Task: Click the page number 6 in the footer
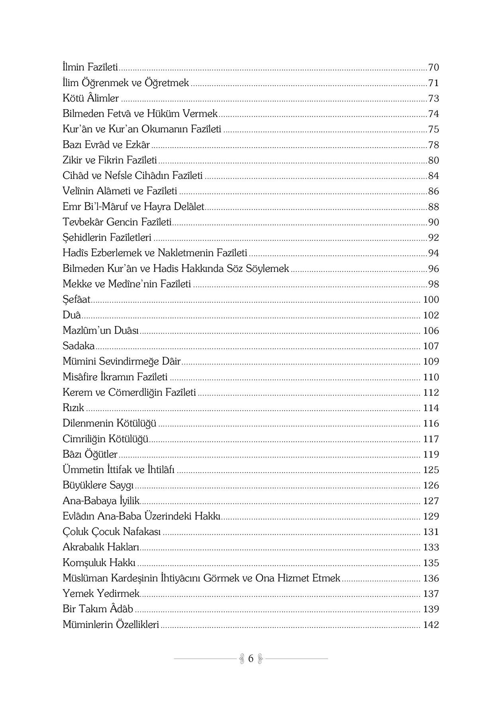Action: pyautogui.click(x=251, y=658)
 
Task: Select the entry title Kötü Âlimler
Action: pyautogui.click(x=91, y=98)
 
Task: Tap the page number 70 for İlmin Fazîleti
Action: pyautogui.click(x=433, y=67)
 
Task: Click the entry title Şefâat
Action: pyautogui.click(x=76, y=299)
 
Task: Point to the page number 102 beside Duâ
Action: pyautogui.click(x=431, y=315)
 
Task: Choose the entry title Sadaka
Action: pyautogui.click(x=78, y=346)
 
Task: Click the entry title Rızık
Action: pyautogui.click(x=73, y=408)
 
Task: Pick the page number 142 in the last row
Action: pyautogui.click(x=431, y=625)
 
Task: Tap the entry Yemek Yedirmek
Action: pyautogui.click(x=101, y=594)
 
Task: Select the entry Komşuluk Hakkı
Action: pyautogui.click(x=99, y=563)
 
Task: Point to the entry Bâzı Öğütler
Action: pyautogui.click(x=90, y=454)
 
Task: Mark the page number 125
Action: pyautogui.click(x=431, y=470)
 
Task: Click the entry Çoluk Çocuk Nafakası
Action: pyautogui.click(x=112, y=531)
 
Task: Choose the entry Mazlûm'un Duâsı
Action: pyautogui.click(x=101, y=331)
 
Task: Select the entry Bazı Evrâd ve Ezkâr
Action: pyautogui.click(x=106, y=145)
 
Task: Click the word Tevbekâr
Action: pyautogui.click(x=82, y=222)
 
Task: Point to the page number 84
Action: pyautogui.click(x=433, y=175)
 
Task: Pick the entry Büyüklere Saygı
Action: pyautogui.click(x=98, y=485)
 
